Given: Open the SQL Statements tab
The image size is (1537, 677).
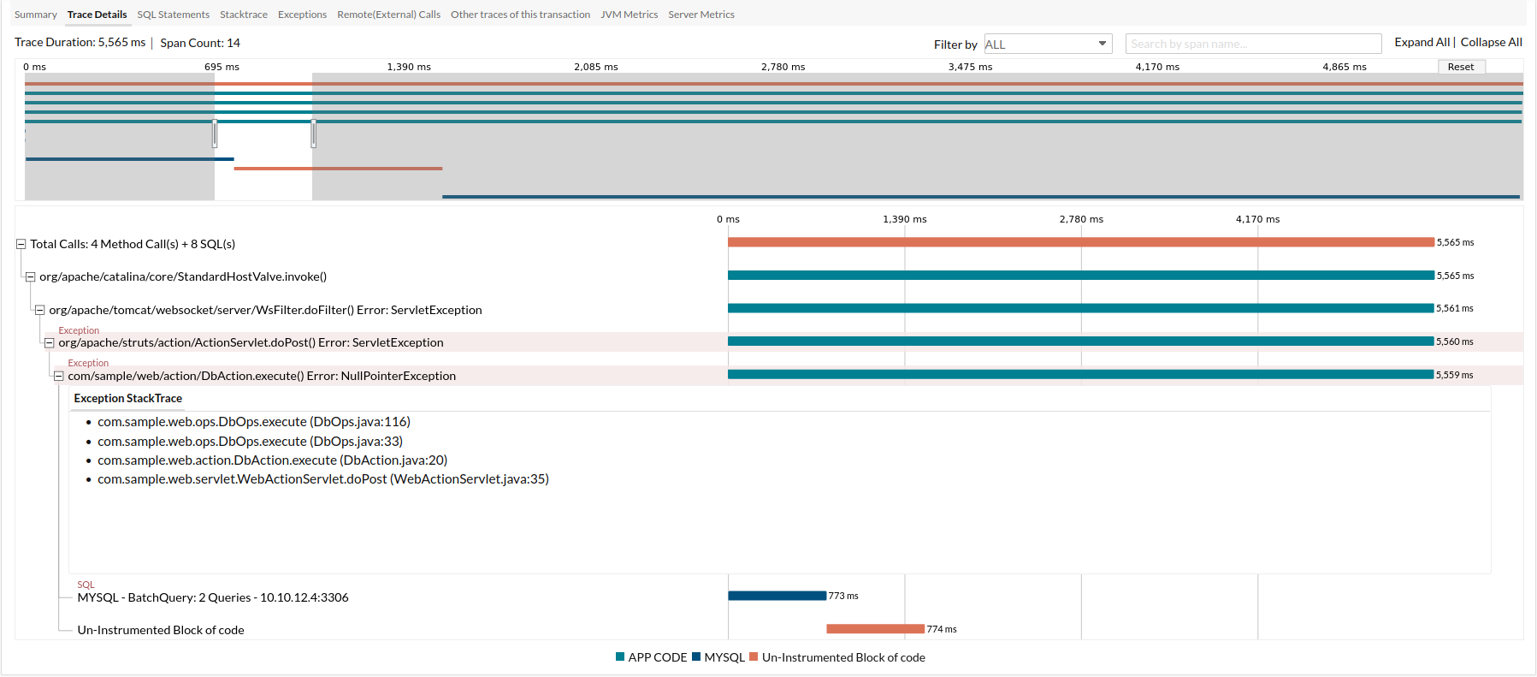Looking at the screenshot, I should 173,15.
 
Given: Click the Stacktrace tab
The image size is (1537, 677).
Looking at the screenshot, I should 244,15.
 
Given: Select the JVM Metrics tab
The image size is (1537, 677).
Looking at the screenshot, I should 629,15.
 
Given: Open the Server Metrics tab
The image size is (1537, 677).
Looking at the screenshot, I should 701,15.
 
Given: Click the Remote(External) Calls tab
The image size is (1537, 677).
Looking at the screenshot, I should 388,15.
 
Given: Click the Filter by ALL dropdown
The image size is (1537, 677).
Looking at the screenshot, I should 1048,44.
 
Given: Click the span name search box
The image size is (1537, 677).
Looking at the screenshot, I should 1253,44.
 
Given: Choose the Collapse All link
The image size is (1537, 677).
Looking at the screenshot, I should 1491,42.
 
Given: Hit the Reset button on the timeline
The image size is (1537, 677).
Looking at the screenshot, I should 1461,67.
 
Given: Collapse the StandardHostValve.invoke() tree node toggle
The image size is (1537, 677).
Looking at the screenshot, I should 30,277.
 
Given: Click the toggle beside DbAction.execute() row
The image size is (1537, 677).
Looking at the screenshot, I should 59,377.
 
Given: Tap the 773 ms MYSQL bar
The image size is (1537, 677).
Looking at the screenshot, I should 777,596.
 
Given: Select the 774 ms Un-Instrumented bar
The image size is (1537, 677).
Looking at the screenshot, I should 875,629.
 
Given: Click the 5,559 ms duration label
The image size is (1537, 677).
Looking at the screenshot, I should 1454,375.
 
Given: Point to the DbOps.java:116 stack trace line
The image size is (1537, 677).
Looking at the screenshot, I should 254,422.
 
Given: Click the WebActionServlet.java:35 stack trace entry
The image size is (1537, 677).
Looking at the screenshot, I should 323,479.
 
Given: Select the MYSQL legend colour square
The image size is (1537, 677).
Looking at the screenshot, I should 696,657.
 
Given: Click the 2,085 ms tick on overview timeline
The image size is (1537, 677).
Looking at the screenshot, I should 596,67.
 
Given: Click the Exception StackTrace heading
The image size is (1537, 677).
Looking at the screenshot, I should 128,399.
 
